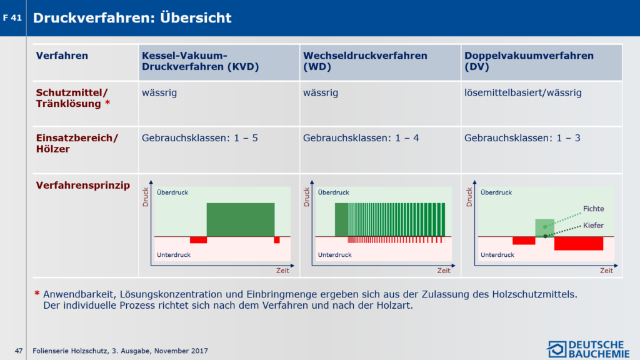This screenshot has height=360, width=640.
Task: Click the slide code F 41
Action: point(12,18)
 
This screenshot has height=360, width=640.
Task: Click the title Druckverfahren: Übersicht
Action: point(132,17)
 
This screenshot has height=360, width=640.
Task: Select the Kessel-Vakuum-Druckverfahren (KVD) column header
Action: point(201,61)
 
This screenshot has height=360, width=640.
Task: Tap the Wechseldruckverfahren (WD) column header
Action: point(365,61)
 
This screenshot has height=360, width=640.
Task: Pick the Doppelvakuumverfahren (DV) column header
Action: point(529,61)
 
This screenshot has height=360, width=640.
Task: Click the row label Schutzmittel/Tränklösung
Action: point(72,98)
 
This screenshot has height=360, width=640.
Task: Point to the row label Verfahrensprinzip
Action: point(83,185)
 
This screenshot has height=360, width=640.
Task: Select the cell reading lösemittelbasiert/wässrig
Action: point(523,92)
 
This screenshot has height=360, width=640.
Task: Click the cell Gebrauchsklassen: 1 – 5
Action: point(199,138)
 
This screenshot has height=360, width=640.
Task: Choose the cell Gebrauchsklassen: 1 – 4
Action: point(361,138)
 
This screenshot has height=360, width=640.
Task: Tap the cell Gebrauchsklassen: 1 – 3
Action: point(522,138)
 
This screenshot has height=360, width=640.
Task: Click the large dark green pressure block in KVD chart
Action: point(241,219)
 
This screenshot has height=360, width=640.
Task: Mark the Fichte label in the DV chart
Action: point(594,209)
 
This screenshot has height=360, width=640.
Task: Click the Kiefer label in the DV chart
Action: point(594,225)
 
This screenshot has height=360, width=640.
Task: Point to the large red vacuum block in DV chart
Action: point(579,244)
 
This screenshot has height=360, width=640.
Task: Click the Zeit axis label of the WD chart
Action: point(444,271)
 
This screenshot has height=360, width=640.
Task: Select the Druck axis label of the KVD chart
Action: point(145,197)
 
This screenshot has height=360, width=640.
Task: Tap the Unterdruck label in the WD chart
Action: point(335,255)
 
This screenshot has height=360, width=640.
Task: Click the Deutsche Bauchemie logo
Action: point(588,349)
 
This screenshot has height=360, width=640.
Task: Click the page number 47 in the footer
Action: point(19,351)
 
